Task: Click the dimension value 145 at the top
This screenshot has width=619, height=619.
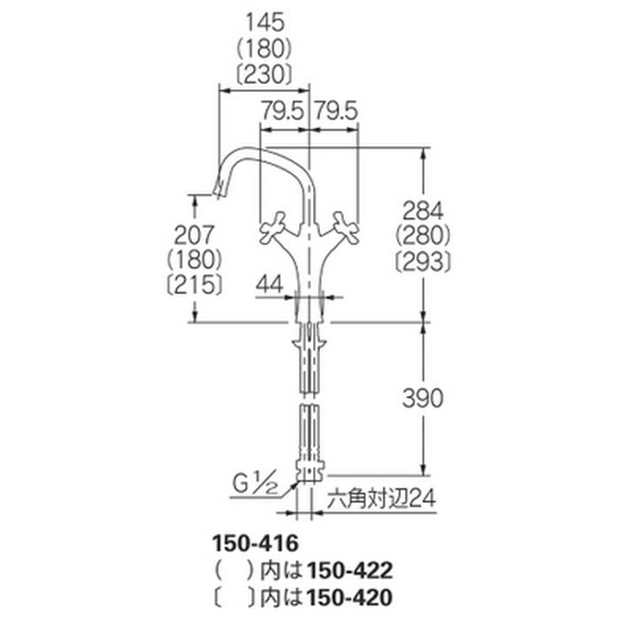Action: (264, 22)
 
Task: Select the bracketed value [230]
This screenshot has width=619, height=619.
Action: (264, 74)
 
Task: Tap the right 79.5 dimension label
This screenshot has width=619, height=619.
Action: (335, 111)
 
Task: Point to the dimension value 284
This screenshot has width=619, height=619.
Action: (423, 210)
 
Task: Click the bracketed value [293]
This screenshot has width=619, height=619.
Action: (423, 261)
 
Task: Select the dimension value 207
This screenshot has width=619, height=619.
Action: (195, 235)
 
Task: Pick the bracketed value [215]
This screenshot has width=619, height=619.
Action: (195, 285)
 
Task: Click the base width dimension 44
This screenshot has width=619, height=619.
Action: (270, 284)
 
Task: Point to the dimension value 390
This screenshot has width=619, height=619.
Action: (423, 398)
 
